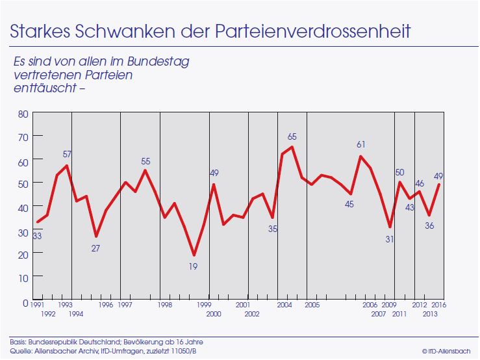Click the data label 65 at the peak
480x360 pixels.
pyautogui.click(x=292, y=137)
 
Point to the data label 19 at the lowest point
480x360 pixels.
pyautogui.click(x=194, y=266)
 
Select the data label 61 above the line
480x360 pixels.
pyautogui.click(x=361, y=144)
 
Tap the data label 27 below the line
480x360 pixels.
pyautogui.click(x=96, y=248)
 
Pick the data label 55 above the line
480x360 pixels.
pyautogui.click(x=145, y=161)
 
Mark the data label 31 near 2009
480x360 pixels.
pyautogui.click(x=389, y=239)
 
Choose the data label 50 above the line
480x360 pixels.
pyautogui.click(x=399, y=172)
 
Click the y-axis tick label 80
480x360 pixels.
pyautogui.click(x=23, y=113)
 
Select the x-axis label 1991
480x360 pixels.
pyautogui.click(x=37, y=305)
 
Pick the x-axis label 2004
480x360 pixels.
pyautogui.click(x=284, y=305)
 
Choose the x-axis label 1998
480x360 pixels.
pyautogui.click(x=165, y=305)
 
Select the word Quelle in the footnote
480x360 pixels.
pyautogui.click(x=20, y=352)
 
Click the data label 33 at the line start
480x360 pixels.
pyautogui.click(x=36, y=236)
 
